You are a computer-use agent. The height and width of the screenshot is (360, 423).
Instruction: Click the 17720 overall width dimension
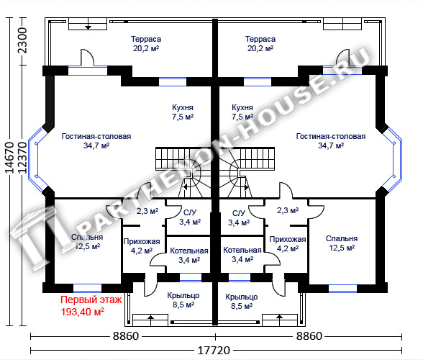click(214, 350)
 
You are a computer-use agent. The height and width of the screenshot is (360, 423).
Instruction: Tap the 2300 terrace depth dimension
click(23, 40)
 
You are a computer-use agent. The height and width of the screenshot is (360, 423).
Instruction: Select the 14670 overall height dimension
click(10, 158)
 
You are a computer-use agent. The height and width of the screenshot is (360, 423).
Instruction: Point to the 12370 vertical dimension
click(23, 158)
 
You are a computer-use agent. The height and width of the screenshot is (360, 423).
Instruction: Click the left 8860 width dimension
click(126, 336)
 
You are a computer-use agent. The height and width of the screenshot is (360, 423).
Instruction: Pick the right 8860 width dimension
click(309, 336)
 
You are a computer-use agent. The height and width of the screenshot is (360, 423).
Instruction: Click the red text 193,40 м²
click(83, 312)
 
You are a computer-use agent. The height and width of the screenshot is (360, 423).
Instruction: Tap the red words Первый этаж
click(91, 300)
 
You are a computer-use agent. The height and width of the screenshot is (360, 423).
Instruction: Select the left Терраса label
click(146, 39)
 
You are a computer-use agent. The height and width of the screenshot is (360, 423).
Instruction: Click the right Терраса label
click(260, 39)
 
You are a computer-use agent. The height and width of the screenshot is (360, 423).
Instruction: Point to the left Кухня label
click(183, 107)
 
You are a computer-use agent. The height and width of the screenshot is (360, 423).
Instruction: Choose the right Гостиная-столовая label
click(331, 136)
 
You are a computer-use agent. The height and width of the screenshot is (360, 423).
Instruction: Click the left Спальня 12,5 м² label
click(87, 242)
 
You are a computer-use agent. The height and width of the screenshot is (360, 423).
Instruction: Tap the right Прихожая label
click(288, 239)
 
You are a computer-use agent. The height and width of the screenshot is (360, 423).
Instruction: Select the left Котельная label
click(189, 251)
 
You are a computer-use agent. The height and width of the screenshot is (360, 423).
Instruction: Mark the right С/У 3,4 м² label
click(239, 217)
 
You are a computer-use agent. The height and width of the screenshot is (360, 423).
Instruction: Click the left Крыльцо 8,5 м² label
click(183, 300)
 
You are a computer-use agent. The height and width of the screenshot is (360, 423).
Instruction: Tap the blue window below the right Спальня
click(342, 289)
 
